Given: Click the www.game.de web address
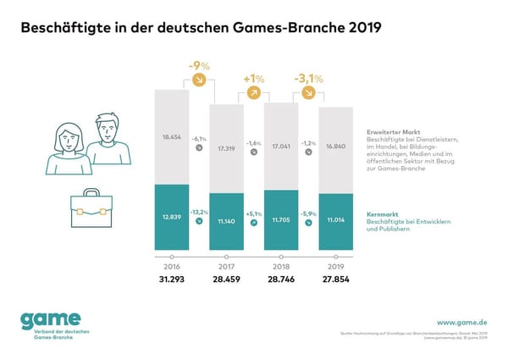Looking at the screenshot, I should (x=460, y=322).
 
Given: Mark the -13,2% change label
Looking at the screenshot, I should (x=201, y=213).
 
